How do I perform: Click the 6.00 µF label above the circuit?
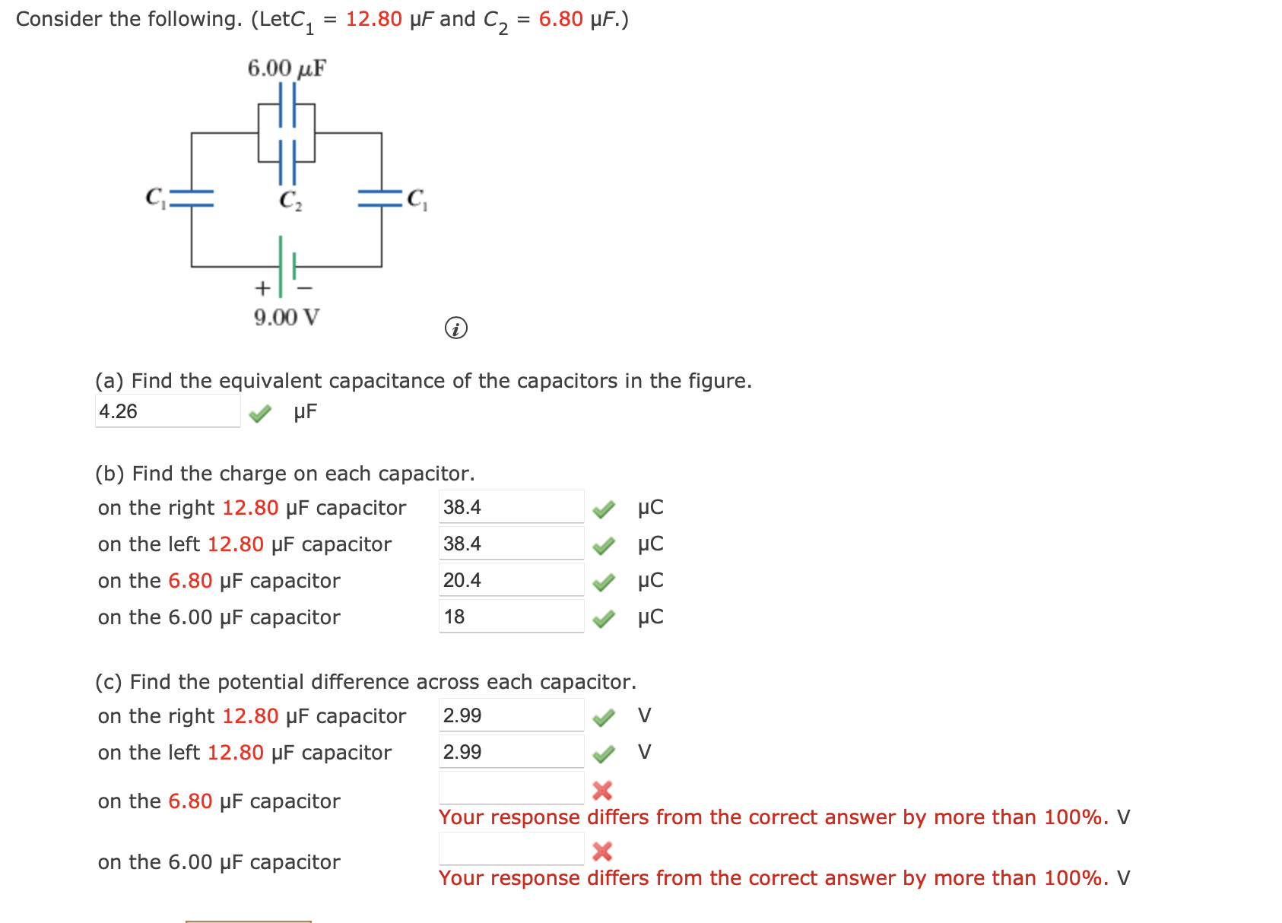[286, 68]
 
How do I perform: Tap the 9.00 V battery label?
[286, 317]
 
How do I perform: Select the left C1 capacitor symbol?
[192, 199]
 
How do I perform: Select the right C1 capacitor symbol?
[380, 199]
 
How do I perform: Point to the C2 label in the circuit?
[290, 200]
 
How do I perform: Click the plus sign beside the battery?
[262, 289]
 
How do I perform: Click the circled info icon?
[455, 328]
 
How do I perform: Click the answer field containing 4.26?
[167, 411]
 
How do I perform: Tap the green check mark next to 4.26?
[260, 413]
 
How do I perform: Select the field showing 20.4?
[511, 581]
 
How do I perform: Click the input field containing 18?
[511, 617]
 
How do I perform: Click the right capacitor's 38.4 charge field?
[511, 508]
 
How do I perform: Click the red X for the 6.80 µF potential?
[602, 791]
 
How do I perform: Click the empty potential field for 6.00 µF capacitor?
[511, 849]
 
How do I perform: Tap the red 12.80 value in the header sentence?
[373, 19]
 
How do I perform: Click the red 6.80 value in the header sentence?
[560, 19]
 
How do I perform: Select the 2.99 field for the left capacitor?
[511, 753]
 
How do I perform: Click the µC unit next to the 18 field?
[650, 617]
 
